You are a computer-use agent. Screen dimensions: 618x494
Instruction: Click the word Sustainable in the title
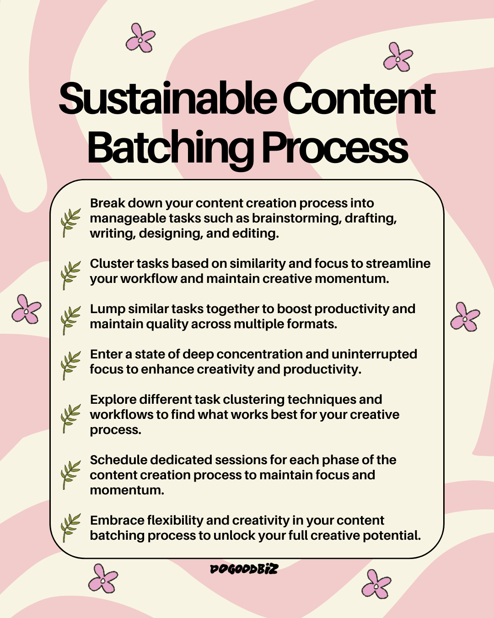tap(168, 99)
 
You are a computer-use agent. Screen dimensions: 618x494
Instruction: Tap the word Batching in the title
tap(170, 148)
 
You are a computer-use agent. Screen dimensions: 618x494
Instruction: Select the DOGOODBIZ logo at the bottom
tap(244, 569)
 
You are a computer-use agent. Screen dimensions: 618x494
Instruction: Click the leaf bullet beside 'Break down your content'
tap(70, 222)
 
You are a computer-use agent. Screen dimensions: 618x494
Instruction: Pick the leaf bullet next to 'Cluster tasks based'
tap(70, 275)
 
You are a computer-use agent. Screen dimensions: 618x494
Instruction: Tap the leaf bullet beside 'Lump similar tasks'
tap(70, 320)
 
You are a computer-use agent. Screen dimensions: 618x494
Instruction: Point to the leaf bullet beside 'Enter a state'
tap(70, 365)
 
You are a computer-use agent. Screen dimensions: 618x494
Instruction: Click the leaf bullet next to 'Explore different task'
tap(70, 418)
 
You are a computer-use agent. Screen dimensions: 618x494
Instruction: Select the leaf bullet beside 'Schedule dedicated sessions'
tap(70, 475)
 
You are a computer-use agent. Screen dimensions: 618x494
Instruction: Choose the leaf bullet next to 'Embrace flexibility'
tap(70, 527)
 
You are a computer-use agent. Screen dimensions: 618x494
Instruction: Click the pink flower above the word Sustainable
tap(140, 38)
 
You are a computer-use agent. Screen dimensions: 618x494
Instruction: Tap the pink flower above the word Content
tap(398, 57)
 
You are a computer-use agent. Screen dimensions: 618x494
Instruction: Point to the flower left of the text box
tap(26, 309)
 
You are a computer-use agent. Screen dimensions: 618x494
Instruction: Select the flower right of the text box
tap(465, 316)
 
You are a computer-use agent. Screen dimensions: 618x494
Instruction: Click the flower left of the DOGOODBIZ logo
tap(103, 579)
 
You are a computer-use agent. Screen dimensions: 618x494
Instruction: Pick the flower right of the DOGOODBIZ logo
tap(376, 584)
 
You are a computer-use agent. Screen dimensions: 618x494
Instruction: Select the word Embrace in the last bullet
tap(117, 520)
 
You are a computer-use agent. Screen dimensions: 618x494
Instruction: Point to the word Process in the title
tap(334, 148)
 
